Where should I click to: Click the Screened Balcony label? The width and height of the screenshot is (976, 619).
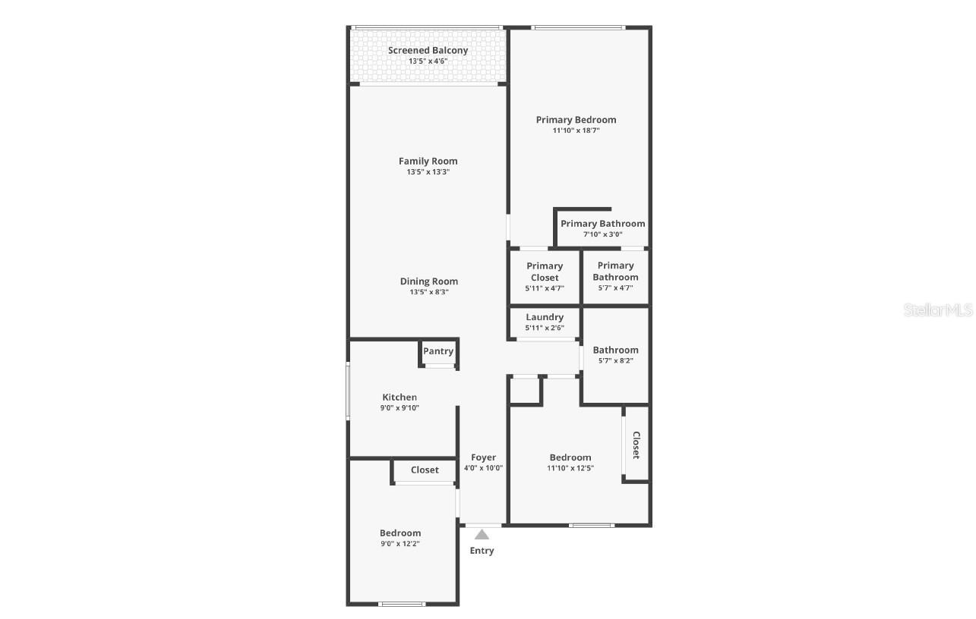(428, 51)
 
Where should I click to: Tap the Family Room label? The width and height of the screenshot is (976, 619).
(428, 161)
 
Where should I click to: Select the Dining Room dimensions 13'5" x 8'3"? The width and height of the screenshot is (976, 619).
(428, 292)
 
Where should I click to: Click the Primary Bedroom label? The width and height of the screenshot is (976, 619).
(576, 120)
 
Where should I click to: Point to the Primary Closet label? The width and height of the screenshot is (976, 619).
(545, 272)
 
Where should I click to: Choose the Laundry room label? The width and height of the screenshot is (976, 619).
(545, 317)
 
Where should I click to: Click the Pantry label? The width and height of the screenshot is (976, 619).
(438, 351)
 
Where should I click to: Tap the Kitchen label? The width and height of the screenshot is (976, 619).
(400, 397)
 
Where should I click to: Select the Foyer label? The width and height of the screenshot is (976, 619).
(483, 457)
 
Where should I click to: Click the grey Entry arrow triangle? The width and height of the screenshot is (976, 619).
(482, 535)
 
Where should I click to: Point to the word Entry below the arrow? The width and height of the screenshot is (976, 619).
(482, 551)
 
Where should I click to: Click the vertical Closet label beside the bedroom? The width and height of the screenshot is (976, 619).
(636, 445)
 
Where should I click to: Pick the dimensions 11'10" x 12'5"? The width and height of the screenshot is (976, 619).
(570, 468)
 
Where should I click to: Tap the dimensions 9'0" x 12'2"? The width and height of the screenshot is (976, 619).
(400, 543)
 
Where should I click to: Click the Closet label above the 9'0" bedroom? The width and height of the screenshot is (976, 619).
(425, 470)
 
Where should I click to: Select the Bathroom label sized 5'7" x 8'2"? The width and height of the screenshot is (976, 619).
(615, 350)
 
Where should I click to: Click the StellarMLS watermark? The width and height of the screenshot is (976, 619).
(938, 309)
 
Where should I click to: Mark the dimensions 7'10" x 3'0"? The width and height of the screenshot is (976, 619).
(602, 234)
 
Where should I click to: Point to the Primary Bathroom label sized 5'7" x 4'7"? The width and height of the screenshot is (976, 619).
(615, 271)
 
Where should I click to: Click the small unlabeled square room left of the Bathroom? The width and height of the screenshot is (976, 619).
(523, 390)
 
